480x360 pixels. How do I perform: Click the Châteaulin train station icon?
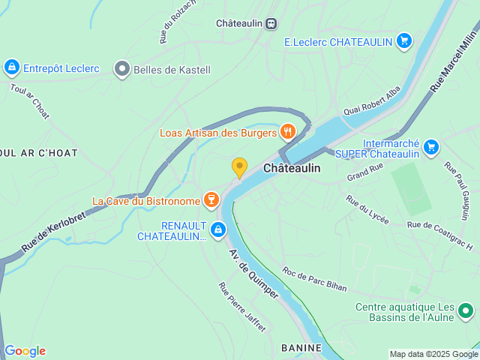coord(271,23)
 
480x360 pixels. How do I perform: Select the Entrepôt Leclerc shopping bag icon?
coord(11,67)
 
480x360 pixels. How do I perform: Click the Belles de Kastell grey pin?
coord(122,70)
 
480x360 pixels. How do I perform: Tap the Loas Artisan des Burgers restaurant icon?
coord(287,133)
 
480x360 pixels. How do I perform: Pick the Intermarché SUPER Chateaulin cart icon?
coord(430,147)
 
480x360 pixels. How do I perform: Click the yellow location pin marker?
coord(239,167)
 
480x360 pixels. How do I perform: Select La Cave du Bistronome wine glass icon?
coord(211,200)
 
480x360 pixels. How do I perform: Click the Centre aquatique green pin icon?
coord(466,309)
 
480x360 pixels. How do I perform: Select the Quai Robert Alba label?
coord(372,100)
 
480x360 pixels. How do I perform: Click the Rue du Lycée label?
coord(367,209)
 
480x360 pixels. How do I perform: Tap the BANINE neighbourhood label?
coord(301,348)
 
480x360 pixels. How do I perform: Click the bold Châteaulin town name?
coord(292,169)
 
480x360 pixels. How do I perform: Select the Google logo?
coord(25,351)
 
